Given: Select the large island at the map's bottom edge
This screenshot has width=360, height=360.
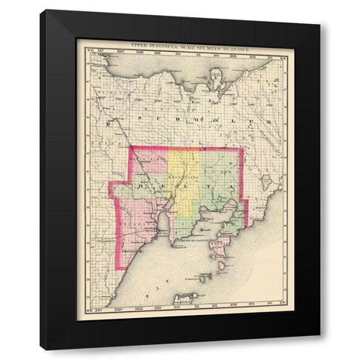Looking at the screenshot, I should click(184, 298).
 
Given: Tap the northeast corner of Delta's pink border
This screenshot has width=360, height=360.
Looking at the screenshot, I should click(243, 148).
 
